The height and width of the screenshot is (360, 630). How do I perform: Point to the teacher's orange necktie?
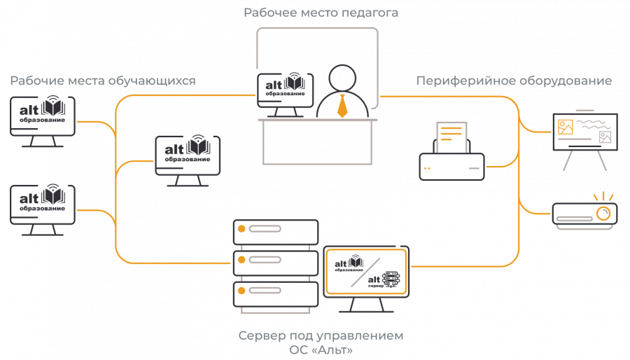tap(342, 106)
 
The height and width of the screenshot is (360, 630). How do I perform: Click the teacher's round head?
tap(342, 78)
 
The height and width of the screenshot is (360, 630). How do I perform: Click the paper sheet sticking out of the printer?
tap(451, 137)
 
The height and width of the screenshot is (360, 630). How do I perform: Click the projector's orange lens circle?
tap(603, 213)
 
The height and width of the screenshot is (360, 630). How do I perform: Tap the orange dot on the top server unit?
tap(241, 229)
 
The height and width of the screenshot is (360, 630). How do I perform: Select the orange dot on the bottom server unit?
tap(241, 291)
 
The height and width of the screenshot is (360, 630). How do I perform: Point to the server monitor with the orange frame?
tap(366, 279)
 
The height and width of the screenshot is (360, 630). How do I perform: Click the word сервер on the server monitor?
tap(376, 286)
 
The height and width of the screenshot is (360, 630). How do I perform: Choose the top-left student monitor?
tap(43, 121)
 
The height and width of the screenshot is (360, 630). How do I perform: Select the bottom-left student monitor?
tap(43, 209)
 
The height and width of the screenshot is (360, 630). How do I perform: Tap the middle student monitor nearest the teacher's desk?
tap(188, 160)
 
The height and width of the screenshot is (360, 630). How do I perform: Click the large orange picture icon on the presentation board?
tap(566, 127)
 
